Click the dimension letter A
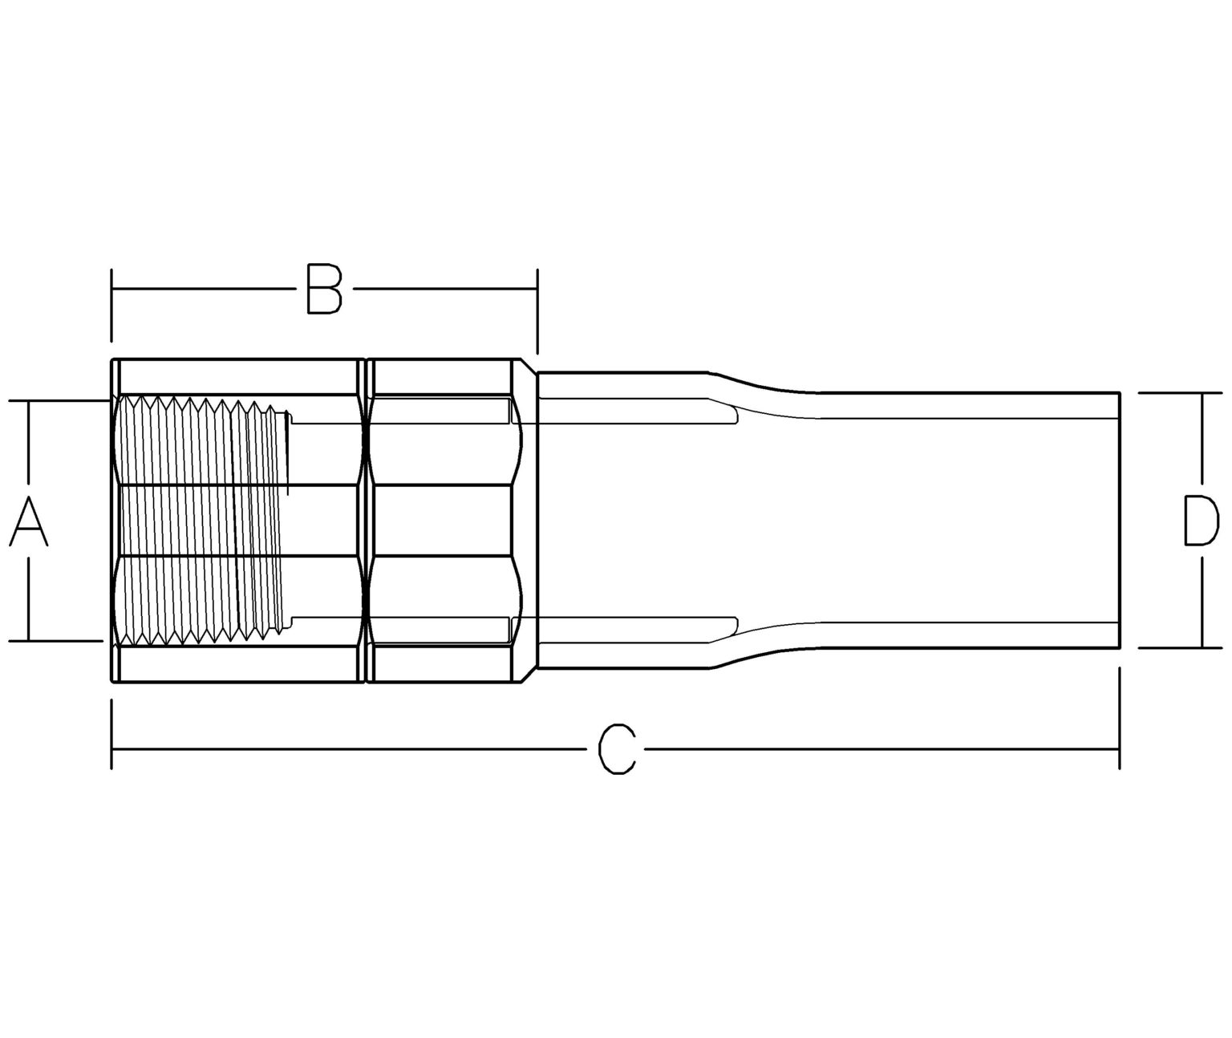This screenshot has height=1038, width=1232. [29, 521]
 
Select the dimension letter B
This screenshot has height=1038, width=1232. [324, 289]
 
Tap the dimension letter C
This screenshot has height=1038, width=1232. [618, 749]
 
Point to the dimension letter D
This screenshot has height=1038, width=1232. [1202, 521]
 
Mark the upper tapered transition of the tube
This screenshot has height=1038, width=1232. [762, 383]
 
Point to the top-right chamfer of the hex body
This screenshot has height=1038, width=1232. [528, 366]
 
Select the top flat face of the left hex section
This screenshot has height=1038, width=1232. [237, 377]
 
